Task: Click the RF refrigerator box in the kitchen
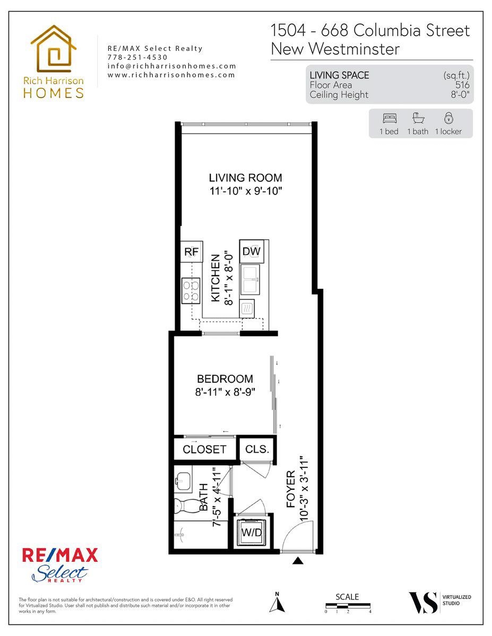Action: coord(192,252)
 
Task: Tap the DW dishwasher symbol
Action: coord(252,251)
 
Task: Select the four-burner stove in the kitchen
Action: coord(191,290)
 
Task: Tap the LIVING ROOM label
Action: coord(245,178)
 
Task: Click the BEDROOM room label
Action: coord(225,379)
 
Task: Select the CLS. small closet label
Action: coord(257,449)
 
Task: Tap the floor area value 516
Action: coord(462,85)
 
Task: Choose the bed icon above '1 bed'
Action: coord(390,118)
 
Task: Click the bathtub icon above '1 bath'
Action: coord(418,118)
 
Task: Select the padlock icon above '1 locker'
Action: coord(448,118)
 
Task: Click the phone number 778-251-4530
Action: coord(137,57)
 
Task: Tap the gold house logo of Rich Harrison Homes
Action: coord(53,49)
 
